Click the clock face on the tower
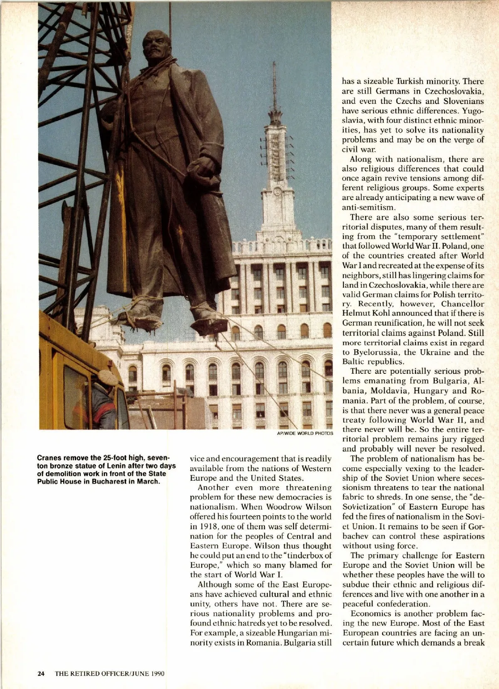(x=277, y=192)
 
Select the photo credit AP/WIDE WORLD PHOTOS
(x=305, y=433)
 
